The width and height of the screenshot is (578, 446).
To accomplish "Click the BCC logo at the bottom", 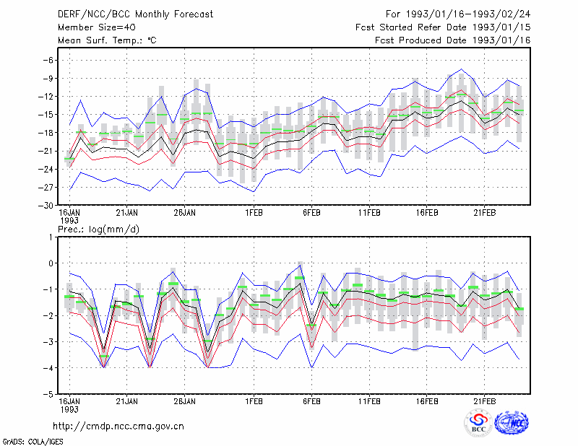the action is click(x=478, y=423).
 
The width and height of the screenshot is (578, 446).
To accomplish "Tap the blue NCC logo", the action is click(x=512, y=423).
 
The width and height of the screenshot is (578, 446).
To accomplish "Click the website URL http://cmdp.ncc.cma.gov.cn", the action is click(x=118, y=427).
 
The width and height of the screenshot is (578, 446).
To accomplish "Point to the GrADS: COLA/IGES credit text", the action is click(x=33, y=442).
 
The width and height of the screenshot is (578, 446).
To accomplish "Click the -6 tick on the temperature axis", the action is click(x=48, y=60).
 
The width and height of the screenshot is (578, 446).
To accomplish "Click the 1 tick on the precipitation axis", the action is click(x=51, y=237).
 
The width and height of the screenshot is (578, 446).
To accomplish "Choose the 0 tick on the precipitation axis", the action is click(x=51, y=263).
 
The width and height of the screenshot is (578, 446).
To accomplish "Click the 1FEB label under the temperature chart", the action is click(x=254, y=213).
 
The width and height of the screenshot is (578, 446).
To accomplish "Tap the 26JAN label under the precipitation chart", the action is click(x=185, y=401).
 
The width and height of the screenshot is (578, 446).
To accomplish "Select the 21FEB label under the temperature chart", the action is click(x=484, y=213).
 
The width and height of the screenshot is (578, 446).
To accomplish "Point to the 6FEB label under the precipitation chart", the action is click(x=311, y=401).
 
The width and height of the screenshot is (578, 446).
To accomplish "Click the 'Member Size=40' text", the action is click(x=97, y=27).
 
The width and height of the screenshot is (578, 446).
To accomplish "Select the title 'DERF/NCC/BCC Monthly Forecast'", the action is click(x=135, y=14).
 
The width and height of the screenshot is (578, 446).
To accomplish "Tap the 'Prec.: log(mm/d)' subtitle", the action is click(x=98, y=229).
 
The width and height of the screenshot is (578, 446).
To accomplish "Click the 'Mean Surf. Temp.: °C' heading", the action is click(x=107, y=40).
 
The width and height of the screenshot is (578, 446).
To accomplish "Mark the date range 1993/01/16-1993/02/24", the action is click(x=468, y=14).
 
